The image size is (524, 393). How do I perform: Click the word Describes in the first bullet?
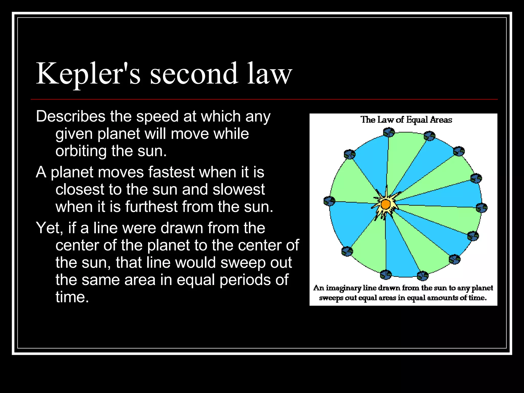(71, 116)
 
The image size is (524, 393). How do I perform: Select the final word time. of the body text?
(72, 297)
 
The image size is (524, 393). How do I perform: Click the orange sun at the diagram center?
(385, 204)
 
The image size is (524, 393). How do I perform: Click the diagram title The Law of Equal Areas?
(406, 120)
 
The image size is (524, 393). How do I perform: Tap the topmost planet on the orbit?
(389, 133)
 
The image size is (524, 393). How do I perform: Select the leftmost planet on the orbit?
(329, 201)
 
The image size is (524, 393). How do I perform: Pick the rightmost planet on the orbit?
(482, 208)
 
